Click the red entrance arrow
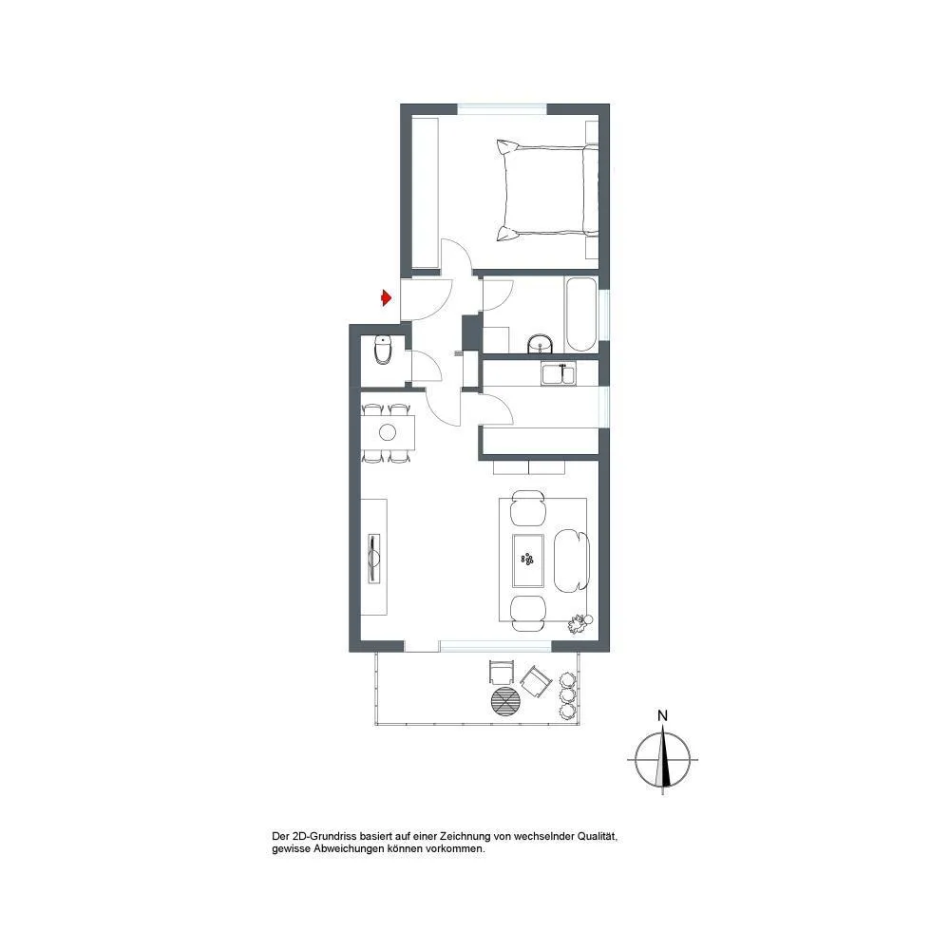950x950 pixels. pyautogui.click(x=386, y=298)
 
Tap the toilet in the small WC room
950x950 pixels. pyautogui.click(x=383, y=350)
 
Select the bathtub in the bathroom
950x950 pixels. pyautogui.click(x=581, y=314)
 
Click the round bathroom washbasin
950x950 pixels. pyautogui.click(x=541, y=344)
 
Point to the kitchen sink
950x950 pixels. pyautogui.click(x=559, y=373)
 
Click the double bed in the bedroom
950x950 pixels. pyautogui.click(x=547, y=191)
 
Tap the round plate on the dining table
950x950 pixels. pyautogui.click(x=388, y=432)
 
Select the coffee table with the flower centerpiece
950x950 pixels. pyautogui.click(x=528, y=560)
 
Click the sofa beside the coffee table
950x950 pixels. pyautogui.click(x=571, y=560)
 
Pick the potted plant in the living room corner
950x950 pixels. pyautogui.click(x=579, y=624)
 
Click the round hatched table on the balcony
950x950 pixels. pyautogui.click(x=505, y=702)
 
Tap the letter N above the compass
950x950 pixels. pyautogui.click(x=662, y=715)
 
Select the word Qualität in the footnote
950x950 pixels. pyautogui.click(x=598, y=837)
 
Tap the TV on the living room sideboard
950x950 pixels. pyautogui.click(x=374, y=558)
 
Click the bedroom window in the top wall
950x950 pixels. pyautogui.click(x=503, y=109)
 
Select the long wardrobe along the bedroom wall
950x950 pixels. pyautogui.click(x=425, y=193)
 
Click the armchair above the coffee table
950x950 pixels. pyautogui.click(x=528, y=507)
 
